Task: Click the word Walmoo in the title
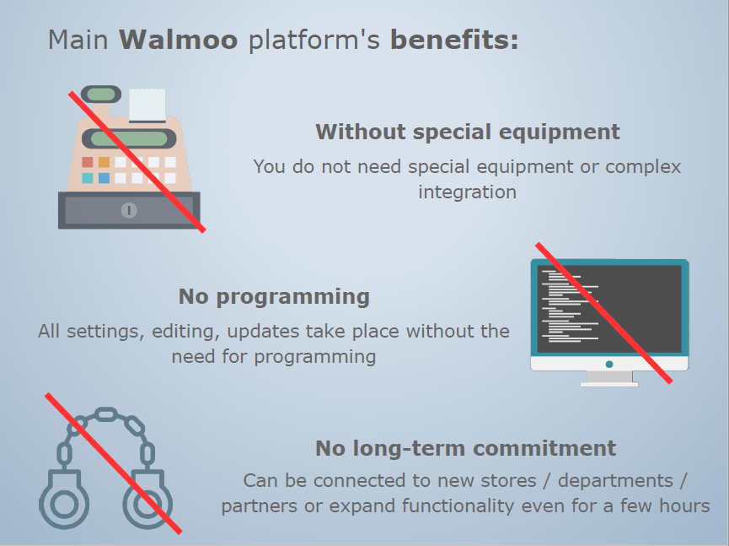178,40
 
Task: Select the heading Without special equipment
467,132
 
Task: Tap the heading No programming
274,297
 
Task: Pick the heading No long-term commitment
465,448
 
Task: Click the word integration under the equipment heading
467,192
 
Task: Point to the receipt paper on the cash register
147,105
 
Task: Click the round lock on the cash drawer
128,210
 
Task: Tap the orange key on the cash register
104,162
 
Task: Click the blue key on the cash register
104,178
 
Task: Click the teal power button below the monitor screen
608,364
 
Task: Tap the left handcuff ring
63,505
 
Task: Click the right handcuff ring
147,505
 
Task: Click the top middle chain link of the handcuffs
105,414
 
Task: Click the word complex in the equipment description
643,167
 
